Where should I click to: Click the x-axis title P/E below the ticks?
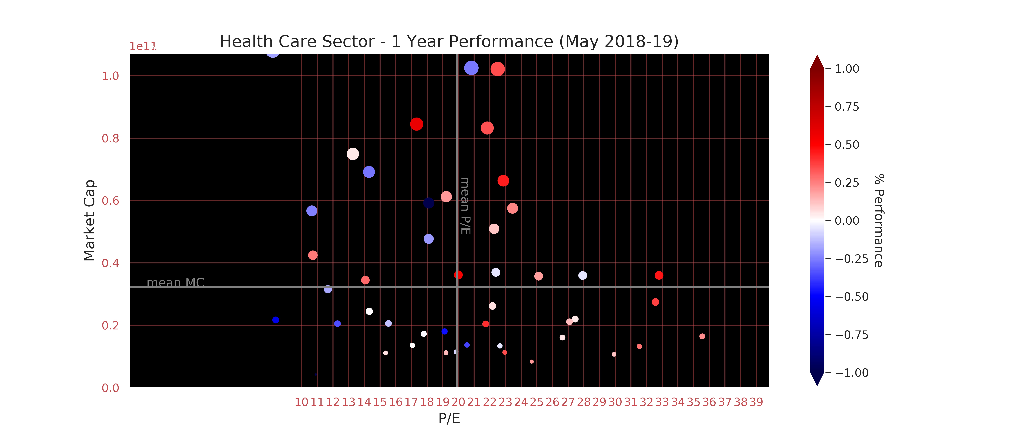(x=449, y=418)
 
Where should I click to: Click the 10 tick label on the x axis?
(x=301, y=402)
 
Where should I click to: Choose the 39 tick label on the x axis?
(x=756, y=402)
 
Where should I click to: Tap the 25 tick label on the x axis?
(x=537, y=402)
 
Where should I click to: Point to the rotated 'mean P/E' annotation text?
(x=465, y=206)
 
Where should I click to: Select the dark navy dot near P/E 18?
(x=429, y=203)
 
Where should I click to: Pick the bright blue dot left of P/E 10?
(x=276, y=320)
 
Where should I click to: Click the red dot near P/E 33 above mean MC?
(x=659, y=275)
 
